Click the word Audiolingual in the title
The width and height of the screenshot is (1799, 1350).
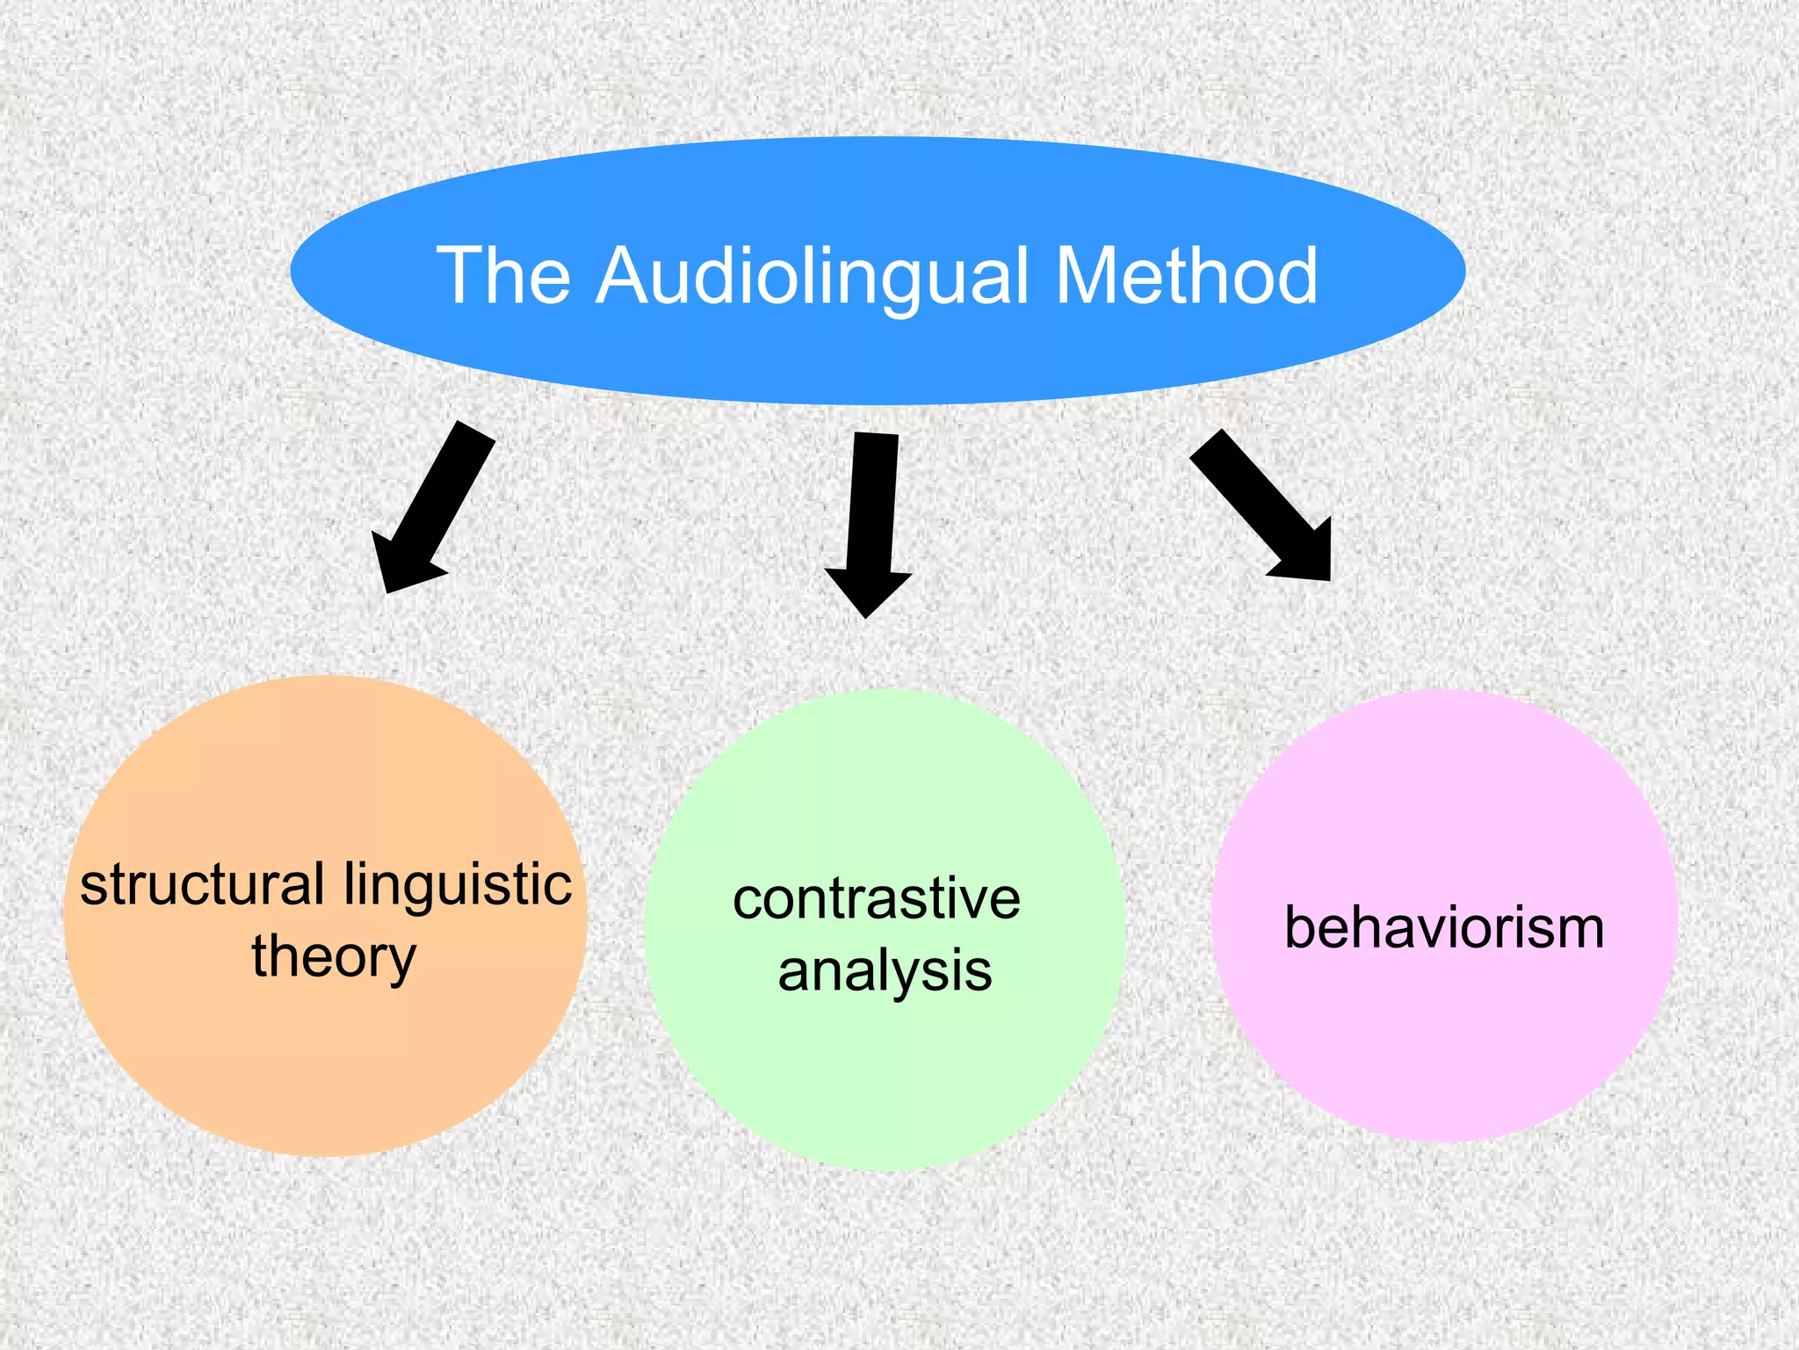(x=813, y=276)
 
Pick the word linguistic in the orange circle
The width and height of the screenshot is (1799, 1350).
(x=458, y=886)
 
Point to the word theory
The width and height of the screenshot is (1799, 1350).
(x=334, y=958)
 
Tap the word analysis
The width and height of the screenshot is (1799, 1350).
(x=885, y=972)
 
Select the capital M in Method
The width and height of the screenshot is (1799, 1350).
(x=1087, y=276)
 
